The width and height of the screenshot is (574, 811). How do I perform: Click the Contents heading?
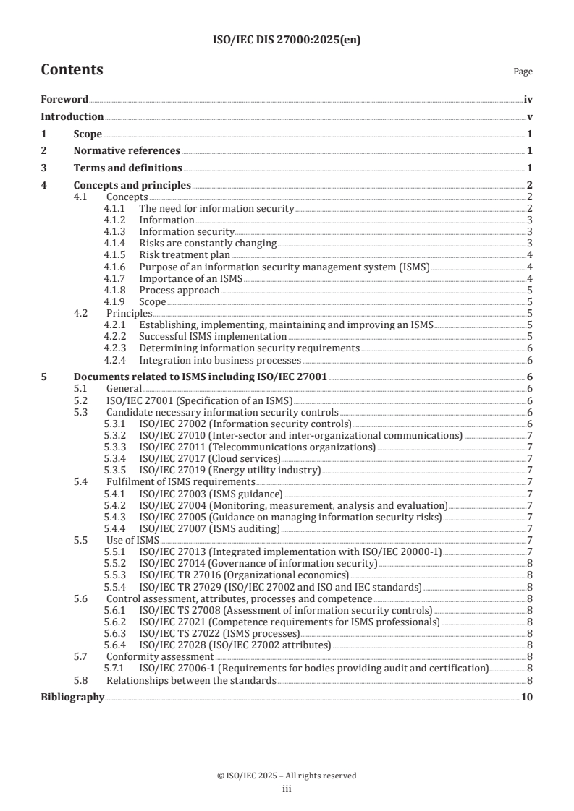point(72,70)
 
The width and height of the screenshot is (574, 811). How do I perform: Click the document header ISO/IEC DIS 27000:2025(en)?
point(287,40)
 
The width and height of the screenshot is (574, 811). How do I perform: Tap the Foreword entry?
point(64,100)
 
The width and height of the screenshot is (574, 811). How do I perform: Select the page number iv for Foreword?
point(528,100)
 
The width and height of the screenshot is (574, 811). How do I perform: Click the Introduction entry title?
point(72,116)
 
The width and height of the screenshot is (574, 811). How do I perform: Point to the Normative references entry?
point(127,151)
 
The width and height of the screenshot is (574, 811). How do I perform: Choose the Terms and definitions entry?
point(127,168)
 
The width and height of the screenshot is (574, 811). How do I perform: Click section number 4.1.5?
point(116,254)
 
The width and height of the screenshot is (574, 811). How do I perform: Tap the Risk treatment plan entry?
point(184,254)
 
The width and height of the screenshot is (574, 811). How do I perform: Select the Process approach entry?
point(179,290)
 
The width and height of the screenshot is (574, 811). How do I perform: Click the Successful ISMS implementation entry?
point(213,336)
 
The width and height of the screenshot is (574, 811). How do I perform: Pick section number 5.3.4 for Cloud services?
point(116,458)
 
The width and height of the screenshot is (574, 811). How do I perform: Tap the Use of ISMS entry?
point(132,540)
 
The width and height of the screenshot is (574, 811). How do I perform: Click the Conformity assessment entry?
point(159,656)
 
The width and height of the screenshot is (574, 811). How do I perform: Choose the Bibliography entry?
point(72,698)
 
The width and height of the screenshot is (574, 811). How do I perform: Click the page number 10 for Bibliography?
point(527,698)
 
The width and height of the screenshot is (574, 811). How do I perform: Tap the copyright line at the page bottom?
point(287,776)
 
